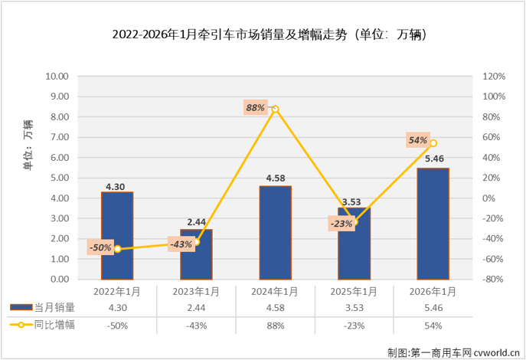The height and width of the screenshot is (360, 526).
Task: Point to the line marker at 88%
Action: (275, 109)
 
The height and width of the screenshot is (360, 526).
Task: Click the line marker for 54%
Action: (433, 143)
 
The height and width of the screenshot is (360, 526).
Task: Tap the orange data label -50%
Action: (100, 247)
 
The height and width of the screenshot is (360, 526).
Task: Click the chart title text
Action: (263, 34)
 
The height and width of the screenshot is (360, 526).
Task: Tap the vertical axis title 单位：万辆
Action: (28, 146)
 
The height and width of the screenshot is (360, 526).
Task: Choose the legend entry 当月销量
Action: (47, 308)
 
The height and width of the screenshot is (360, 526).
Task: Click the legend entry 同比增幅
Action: (47, 325)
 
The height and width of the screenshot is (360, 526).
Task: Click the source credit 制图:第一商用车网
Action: (453, 351)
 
